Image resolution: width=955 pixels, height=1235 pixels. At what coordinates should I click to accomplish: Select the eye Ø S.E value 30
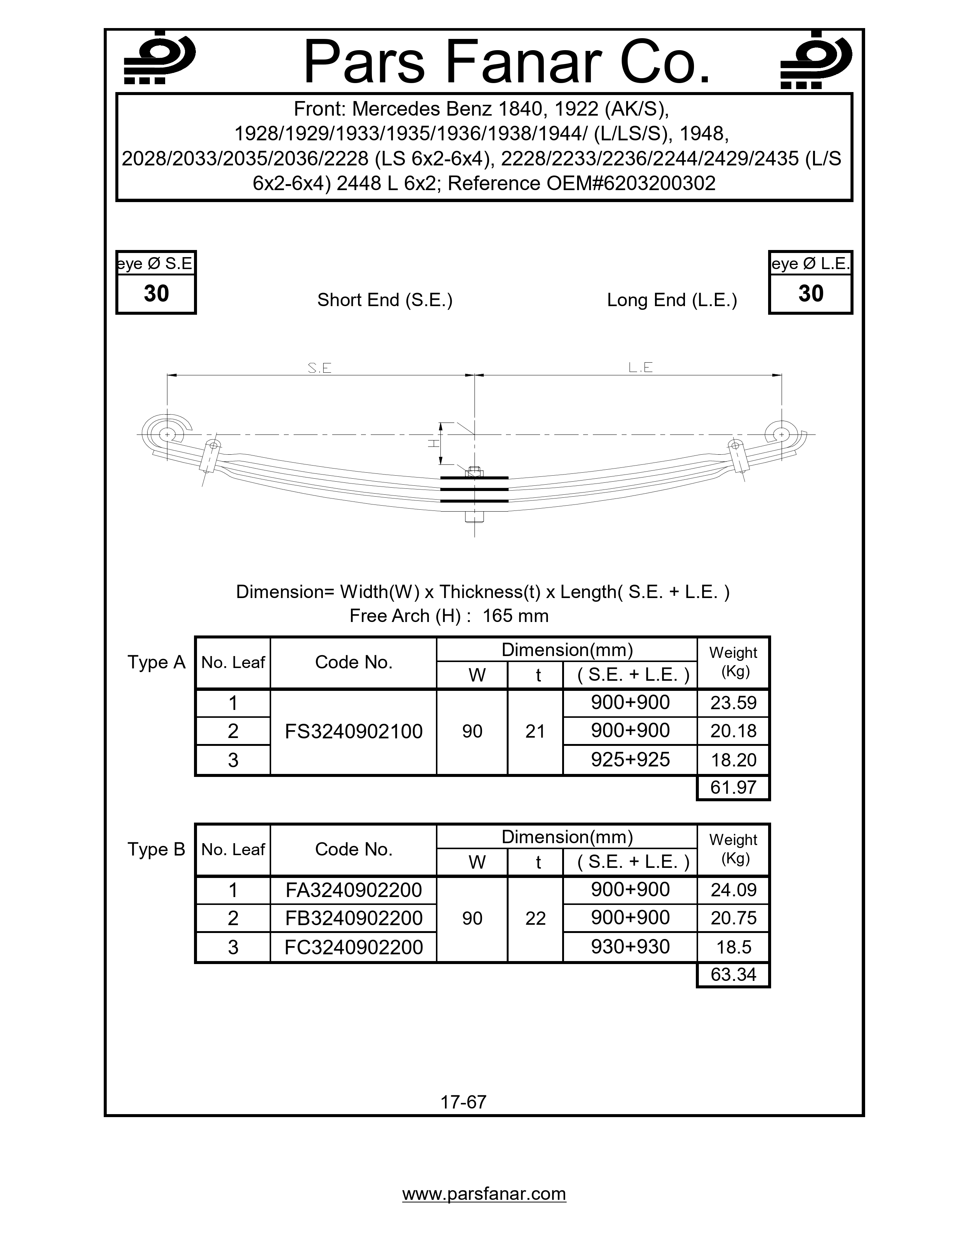click(x=156, y=293)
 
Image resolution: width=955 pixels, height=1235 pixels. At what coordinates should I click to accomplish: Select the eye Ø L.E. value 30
click(x=810, y=293)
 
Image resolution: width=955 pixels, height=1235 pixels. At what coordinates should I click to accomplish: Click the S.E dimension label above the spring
click(x=319, y=368)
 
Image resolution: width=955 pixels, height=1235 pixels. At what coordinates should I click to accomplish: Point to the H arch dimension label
click(x=433, y=443)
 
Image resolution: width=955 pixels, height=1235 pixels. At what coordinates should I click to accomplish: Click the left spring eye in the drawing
click(x=167, y=434)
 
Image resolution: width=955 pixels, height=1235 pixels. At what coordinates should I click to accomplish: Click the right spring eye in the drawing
click(x=781, y=434)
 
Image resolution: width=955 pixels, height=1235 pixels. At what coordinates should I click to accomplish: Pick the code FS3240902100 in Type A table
click(x=354, y=732)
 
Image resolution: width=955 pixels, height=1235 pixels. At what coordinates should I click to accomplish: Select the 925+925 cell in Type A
click(x=630, y=759)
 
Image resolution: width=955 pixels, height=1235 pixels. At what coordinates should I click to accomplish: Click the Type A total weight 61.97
click(x=733, y=787)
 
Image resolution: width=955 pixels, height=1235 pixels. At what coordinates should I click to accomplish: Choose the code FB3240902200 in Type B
click(x=354, y=918)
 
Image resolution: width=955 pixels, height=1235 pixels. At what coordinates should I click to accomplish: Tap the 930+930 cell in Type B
click(x=630, y=946)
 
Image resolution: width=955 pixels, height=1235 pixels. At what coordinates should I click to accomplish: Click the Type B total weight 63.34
click(x=733, y=974)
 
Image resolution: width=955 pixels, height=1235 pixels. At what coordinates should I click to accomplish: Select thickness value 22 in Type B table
click(x=535, y=918)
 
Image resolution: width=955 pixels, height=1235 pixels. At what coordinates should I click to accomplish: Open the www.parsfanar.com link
click(x=484, y=1194)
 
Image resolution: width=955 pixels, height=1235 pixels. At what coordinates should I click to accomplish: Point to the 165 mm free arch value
click(x=515, y=616)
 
